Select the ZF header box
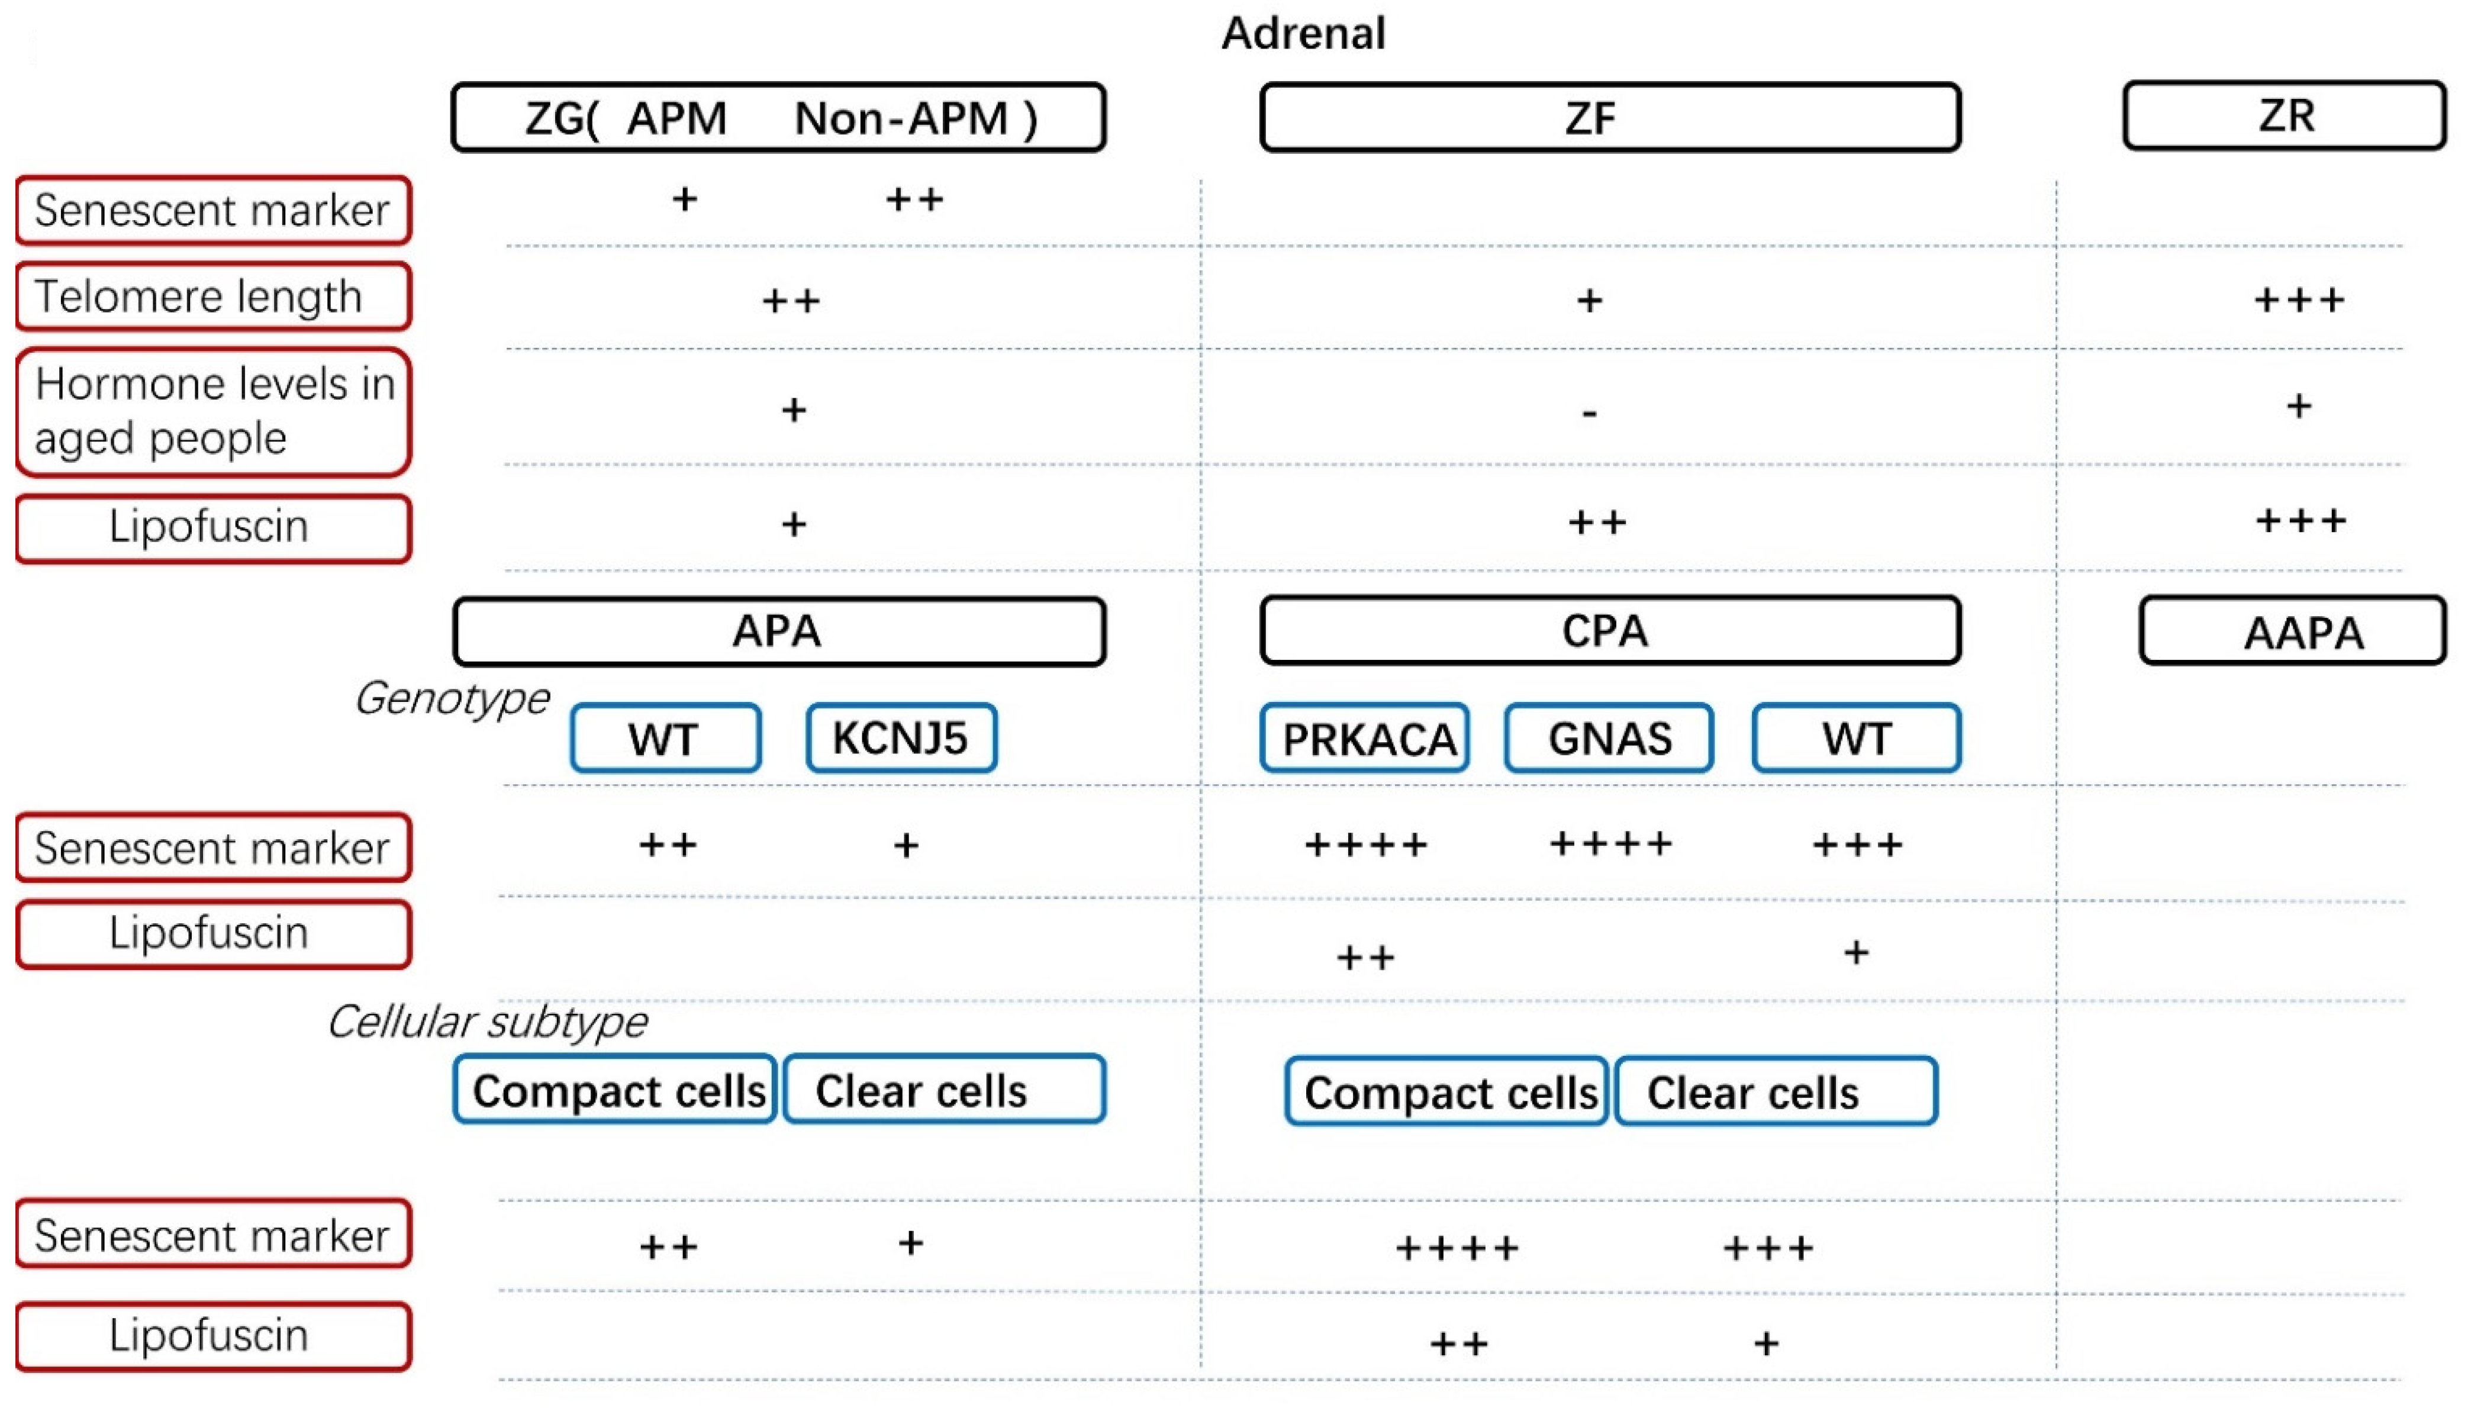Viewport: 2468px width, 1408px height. click(x=1610, y=118)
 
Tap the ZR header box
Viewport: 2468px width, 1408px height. click(x=2285, y=116)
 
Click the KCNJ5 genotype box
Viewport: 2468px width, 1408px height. click(x=901, y=739)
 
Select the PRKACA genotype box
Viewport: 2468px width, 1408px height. click(x=1365, y=739)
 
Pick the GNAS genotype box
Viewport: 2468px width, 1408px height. click(x=1609, y=739)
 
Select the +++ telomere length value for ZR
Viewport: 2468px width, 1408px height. click(x=2299, y=301)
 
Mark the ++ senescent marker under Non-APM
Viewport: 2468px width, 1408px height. click(x=914, y=200)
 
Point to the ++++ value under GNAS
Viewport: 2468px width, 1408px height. click(x=1610, y=844)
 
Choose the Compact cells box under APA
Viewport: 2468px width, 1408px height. click(x=616, y=1090)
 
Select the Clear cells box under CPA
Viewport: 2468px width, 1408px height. click(x=1776, y=1092)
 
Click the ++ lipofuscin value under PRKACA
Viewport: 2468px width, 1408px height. click(x=1365, y=958)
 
